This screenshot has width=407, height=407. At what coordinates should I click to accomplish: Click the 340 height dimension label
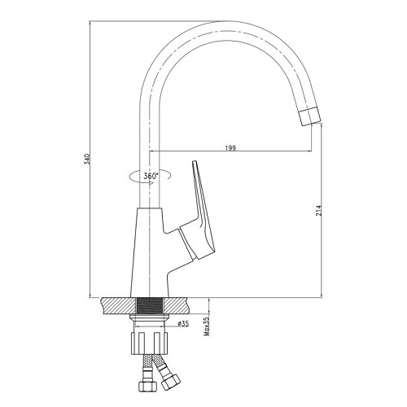87,160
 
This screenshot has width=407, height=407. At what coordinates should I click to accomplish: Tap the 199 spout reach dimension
230,148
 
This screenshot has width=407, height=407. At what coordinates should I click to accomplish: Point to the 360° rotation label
151,176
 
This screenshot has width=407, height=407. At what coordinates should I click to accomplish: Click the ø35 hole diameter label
183,323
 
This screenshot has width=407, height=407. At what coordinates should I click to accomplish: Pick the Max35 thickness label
207,326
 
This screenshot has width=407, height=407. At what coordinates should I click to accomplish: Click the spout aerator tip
309,116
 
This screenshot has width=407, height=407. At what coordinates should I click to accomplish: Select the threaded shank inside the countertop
150,307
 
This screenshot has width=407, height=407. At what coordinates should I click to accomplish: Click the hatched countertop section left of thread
118,307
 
